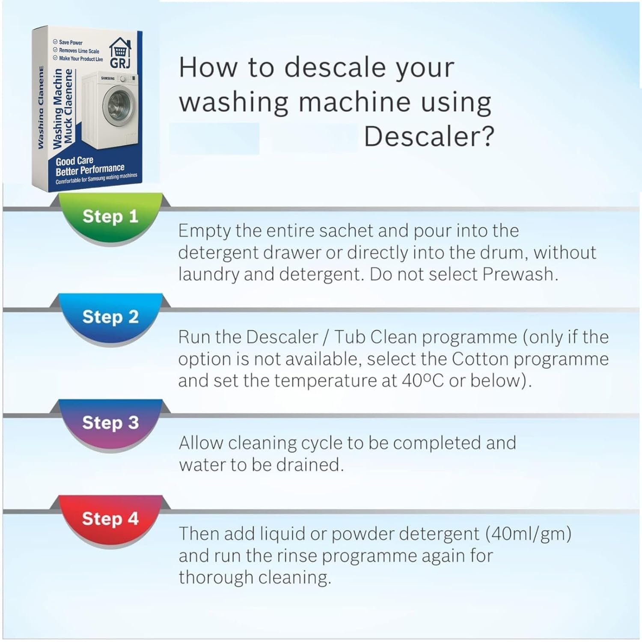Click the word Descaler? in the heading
(429, 137)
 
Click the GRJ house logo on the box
(120, 53)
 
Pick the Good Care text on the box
(74, 161)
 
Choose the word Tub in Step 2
(350, 337)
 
